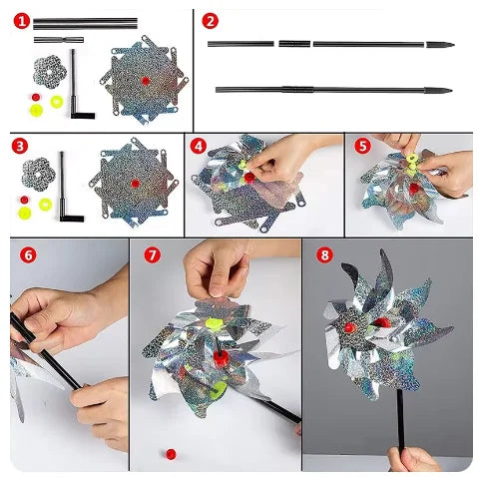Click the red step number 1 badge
(22, 21)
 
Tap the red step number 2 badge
(210, 21)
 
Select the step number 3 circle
(20, 146)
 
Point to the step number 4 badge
(199, 146)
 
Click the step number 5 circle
(362, 146)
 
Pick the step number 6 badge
(28, 255)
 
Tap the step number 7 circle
(153, 255)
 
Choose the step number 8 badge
(324, 255)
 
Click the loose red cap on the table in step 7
(171, 454)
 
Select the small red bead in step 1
(36, 97)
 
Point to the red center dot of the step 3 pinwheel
(135, 184)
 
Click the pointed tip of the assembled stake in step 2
(451, 90)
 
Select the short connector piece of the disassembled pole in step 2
(294, 44)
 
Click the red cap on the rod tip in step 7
(221, 359)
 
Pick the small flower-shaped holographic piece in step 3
(39, 175)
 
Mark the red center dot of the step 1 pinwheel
(146, 81)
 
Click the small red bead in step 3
(24, 200)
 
